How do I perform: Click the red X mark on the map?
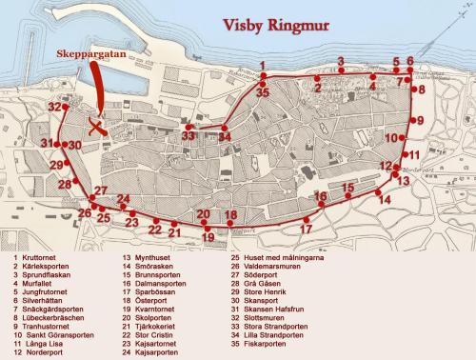point(94,126)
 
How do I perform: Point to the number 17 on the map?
point(306,230)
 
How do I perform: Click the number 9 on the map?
point(418,120)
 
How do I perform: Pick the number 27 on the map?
point(98,190)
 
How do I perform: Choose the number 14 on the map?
point(383,199)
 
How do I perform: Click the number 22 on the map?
point(154,230)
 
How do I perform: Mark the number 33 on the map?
point(188,136)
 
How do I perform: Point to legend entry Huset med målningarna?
point(286,257)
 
